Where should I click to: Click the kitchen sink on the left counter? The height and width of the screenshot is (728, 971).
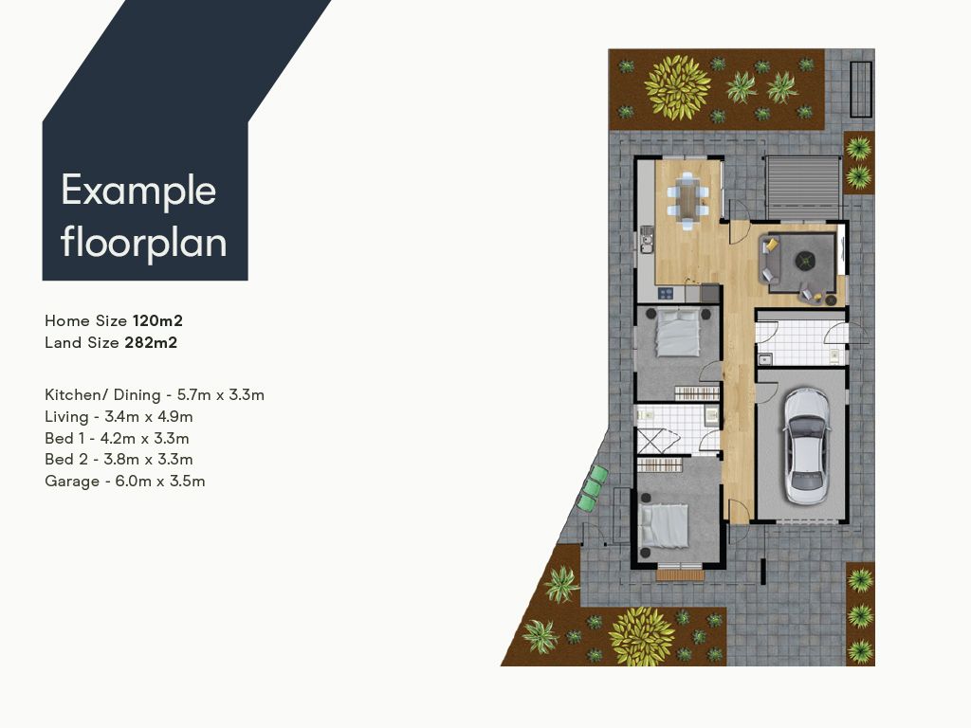pyautogui.click(x=648, y=237)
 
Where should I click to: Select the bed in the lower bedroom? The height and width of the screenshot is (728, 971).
pyautogui.click(x=664, y=526)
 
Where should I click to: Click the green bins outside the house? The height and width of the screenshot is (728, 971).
pyautogui.click(x=593, y=488)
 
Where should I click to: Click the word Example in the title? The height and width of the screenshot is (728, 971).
pyautogui.click(x=138, y=191)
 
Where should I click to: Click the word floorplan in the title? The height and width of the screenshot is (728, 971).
pyautogui.click(x=144, y=243)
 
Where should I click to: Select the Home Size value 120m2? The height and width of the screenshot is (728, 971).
pyautogui.click(x=157, y=321)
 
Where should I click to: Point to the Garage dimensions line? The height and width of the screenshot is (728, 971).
pyautogui.click(x=124, y=482)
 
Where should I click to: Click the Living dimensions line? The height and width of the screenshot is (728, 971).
pyautogui.click(x=119, y=416)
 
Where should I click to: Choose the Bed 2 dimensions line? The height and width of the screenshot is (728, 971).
pyautogui.click(x=117, y=460)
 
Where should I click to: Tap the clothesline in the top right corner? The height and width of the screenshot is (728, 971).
pyautogui.click(x=861, y=86)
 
